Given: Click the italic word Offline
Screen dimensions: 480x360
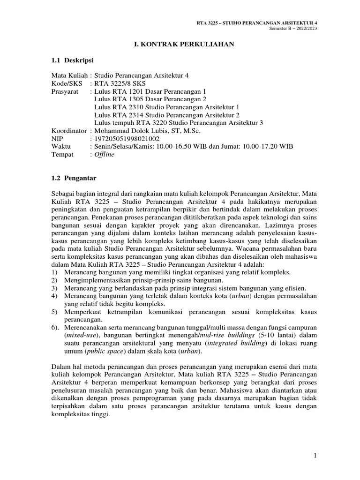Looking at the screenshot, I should (x=104, y=155).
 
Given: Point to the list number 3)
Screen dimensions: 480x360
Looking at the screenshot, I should (x=55, y=288).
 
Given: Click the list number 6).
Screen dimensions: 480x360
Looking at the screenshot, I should (x=56, y=326).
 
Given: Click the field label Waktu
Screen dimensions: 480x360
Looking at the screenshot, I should (x=62, y=147).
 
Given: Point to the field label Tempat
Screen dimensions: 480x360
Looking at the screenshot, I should (x=63, y=155).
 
